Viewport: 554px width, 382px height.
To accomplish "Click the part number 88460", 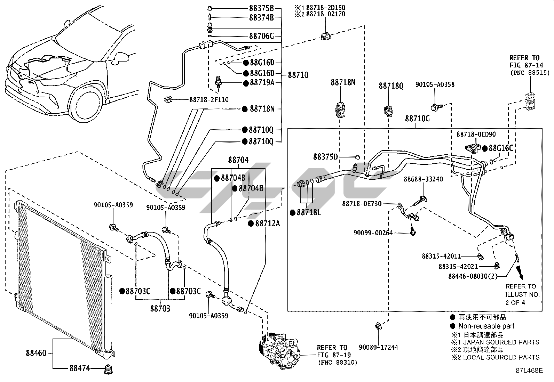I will click(36, 353).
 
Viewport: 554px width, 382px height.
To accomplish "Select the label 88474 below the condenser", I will click(80, 368).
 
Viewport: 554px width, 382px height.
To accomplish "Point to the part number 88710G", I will click(417, 119).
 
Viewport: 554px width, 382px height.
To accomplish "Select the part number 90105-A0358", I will click(435, 84).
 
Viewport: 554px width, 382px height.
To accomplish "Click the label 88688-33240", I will click(423, 179).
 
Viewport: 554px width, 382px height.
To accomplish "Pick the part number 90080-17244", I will click(379, 347).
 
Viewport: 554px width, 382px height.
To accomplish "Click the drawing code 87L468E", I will click(529, 371).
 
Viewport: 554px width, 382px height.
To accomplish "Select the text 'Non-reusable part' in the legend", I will click(486, 326).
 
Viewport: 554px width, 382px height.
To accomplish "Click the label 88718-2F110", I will click(209, 100).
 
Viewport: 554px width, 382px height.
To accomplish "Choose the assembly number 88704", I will click(238, 160).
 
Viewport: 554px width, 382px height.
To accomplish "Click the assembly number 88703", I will click(160, 308).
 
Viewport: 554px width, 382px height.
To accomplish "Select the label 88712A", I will click(267, 223).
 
